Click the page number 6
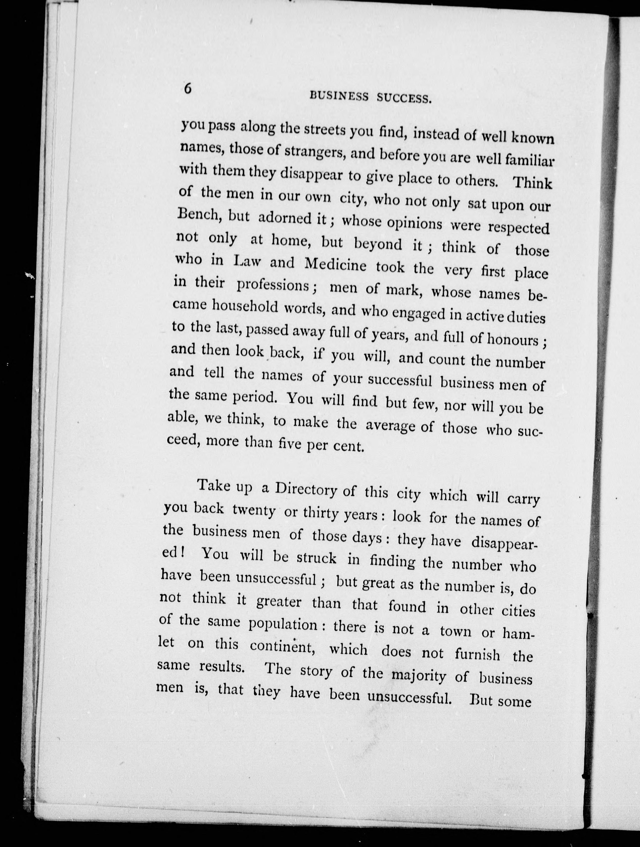tap(187, 89)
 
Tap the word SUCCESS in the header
tap(404, 99)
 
